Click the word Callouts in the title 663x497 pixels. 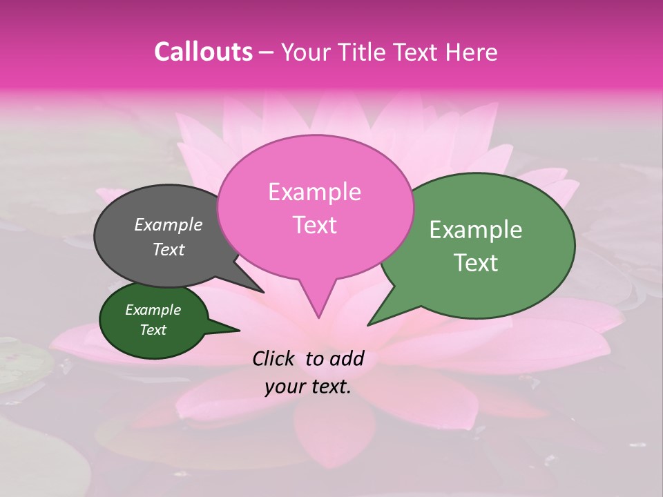click(203, 52)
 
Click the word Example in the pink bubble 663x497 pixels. click(314, 192)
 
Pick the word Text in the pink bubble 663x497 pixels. click(314, 225)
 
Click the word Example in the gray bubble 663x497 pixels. click(168, 225)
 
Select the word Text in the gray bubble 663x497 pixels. click(168, 250)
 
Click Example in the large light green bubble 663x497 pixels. click(476, 230)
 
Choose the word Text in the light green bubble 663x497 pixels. click(476, 263)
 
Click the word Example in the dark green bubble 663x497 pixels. click(153, 310)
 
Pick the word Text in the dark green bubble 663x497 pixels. click(153, 330)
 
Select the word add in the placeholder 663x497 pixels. click(347, 358)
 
